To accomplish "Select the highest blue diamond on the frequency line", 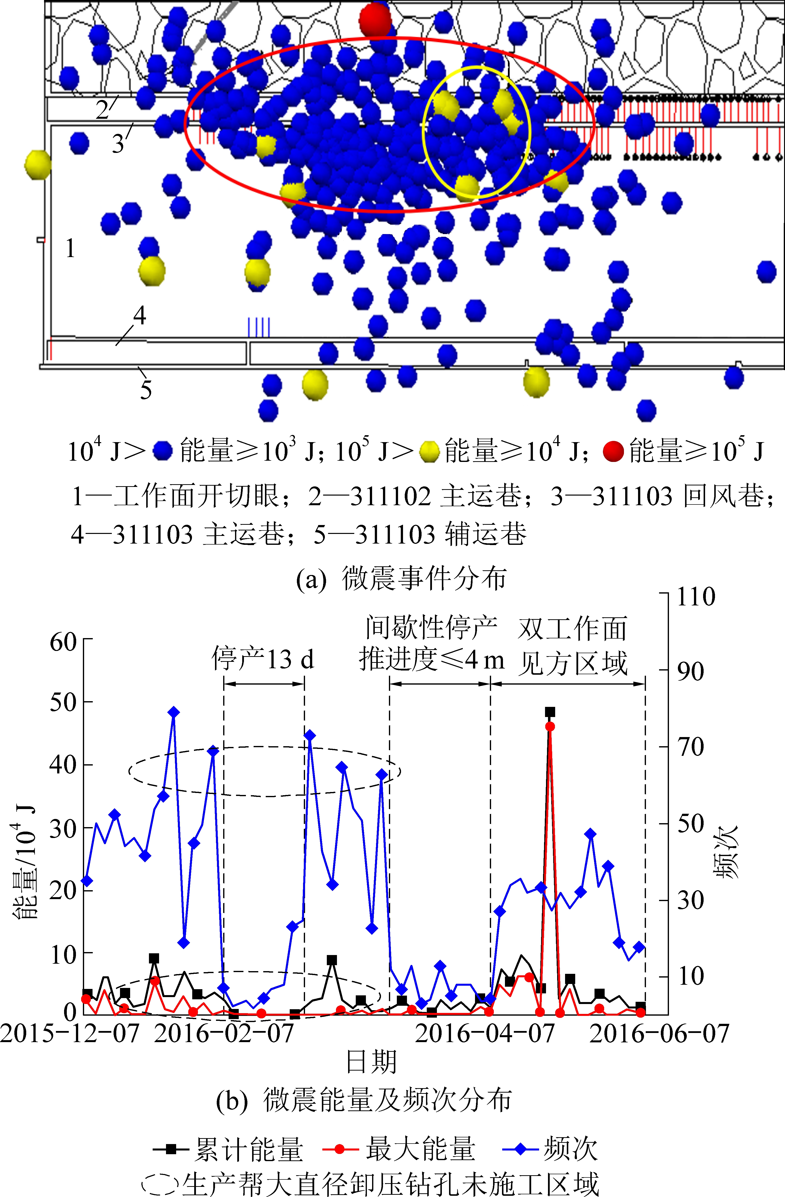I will click(173, 712).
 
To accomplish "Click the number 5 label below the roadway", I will click(146, 390).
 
